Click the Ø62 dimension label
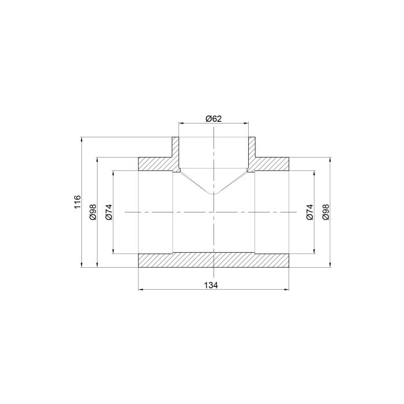[214, 118]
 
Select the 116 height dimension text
[77, 203]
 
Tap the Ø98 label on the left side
[92, 212]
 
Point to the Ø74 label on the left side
[109, 212]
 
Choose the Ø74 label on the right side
[309, 212]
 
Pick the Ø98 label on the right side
[325, 212]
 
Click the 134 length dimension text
[214, 285]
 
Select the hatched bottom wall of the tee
[214, 260]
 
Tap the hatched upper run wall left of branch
[156, 163]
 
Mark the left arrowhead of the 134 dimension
[141, 290]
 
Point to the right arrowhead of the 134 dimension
[286, 290]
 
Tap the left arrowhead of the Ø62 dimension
[181, 124]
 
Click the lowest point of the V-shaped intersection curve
[214, 193]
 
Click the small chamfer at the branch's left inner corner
[179, 170]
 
